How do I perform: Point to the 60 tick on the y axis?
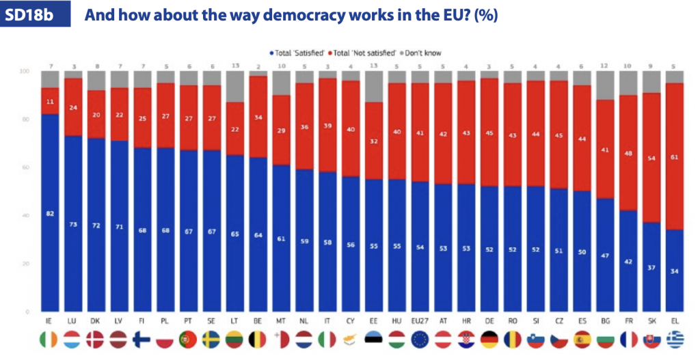pyautogui.click(x=25, y=167)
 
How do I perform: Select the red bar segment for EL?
pyautogui.click(x=675, y=156)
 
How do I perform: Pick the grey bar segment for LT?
pyautogui.click(x=234, y=87)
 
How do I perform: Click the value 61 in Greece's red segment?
pyautogui.click(x=675, y=156)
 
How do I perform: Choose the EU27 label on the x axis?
pyautogui.click(x=420, y=320)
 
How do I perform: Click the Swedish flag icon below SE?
pyautogui.click(x=211, y=340)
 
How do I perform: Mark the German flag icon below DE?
pyautogui.click(x=490, y=340)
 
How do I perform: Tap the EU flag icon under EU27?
pyautogui.click(x=420, y=340)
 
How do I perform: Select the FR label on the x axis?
pyautogui.click(x=629, y=320)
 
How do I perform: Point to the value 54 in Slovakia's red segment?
pyautogui.click(x=652, y=158)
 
